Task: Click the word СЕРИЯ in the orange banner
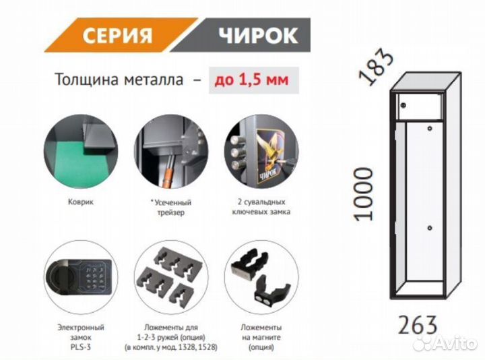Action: (117, 35)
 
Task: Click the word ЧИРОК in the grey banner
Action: (258, 35)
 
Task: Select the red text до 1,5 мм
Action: (251, 80)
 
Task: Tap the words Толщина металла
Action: (119, 80)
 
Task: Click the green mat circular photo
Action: (81, 152)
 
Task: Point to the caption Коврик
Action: (81, 202)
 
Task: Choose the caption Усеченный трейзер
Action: (171, 208)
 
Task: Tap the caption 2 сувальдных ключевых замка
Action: (261, 207)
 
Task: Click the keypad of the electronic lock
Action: (94, 278)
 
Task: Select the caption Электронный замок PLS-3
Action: (81, 337)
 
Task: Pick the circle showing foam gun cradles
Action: (171, 276)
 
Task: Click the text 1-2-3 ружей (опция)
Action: (171, 337)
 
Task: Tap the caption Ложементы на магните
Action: (261, 332)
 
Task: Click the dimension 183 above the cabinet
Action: (376, 67)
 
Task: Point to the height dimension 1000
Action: (363, 194)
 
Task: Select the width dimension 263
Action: (418, 325)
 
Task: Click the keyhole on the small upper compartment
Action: (403, 105)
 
